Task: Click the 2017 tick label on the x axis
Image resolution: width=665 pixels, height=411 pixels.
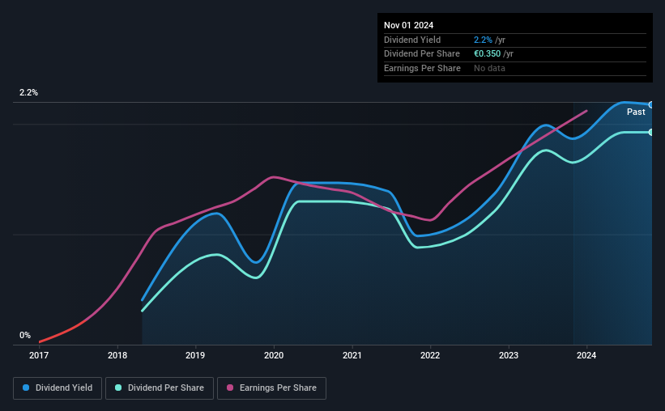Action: pyautogui.click(x=39, y=355)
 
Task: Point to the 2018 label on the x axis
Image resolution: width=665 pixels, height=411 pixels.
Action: pyautogui.click(x=117, y=355)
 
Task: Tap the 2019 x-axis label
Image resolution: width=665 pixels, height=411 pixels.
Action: pyautogui.click(x=195, y=355)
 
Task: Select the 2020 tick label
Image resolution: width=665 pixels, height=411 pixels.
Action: pyautogui.click(x=274, y=355)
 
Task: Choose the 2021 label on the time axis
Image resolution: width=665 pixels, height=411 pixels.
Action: pyautogui.click(x=352, y=355)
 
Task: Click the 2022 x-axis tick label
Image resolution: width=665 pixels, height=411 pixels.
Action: pyautogui.click(x=430, y=355)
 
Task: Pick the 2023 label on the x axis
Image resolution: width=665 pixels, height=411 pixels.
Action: pyautogui.click(x=509, y=355)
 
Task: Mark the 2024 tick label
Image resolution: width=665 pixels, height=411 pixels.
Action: pyautogui.click(x=586, y=355)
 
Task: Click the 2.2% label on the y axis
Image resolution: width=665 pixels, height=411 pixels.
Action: pyautogui.click(x=28, y=92)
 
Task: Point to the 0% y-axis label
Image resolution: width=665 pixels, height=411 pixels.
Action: pyautogui.click(x=25, y=335)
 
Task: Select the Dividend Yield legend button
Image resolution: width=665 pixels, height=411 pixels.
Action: pyautogui.click(x=58, y=388)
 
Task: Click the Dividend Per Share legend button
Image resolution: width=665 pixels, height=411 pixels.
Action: pyautogui.click(x=160, y=388)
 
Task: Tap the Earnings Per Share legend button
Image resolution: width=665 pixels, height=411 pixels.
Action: pyautogui.click(x=271, y=388)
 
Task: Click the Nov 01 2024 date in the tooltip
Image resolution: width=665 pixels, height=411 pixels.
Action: pyautogui.click(x=408, y=25)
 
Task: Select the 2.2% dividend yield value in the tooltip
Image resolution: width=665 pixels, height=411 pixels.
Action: pyautogui.click(x=483, y=40)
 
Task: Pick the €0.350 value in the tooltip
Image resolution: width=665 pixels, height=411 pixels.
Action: pyautogui.click(x=488, y=54)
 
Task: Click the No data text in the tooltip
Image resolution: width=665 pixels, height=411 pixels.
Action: pyautogui.click(x=489, y=68)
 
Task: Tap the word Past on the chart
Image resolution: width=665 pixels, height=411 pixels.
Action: pyautogui.click(x=636, y=112)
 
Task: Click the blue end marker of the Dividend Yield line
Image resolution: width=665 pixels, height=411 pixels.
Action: pyautogui.click(x=651, y=104)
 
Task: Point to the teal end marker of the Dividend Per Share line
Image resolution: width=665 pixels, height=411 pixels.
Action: pyautogui.click(x=651, y=132)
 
